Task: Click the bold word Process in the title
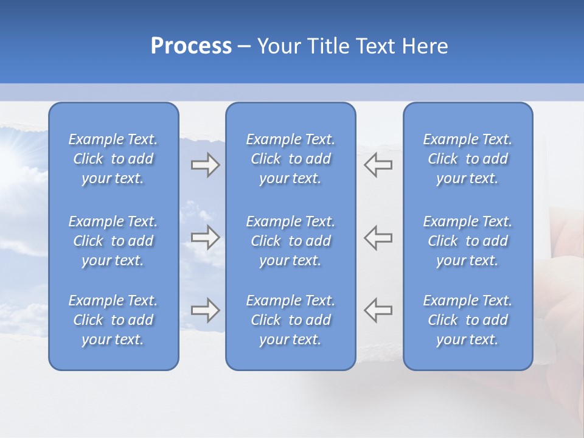(x=191, y=46)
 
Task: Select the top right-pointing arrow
(x=205, y=165)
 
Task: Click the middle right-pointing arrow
(x=205, y=237)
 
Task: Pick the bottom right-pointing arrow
(x=205, y=310)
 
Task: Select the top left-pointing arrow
(x=378, y=165)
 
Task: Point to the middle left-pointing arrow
(x=378, y=237)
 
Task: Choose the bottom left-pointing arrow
(x=378, y=310)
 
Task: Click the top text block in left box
(x=113, y=159)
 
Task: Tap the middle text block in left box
(x=113, y=241)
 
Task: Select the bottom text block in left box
(x=113, y=320)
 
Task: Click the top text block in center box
(x=291, y=159)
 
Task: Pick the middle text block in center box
(x=291, y=241)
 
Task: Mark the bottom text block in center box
(x=291, y=320)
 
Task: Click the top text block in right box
(x=468, y=159)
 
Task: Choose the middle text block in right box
(x=468, y=241)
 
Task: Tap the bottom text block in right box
(x=468, y=320)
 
